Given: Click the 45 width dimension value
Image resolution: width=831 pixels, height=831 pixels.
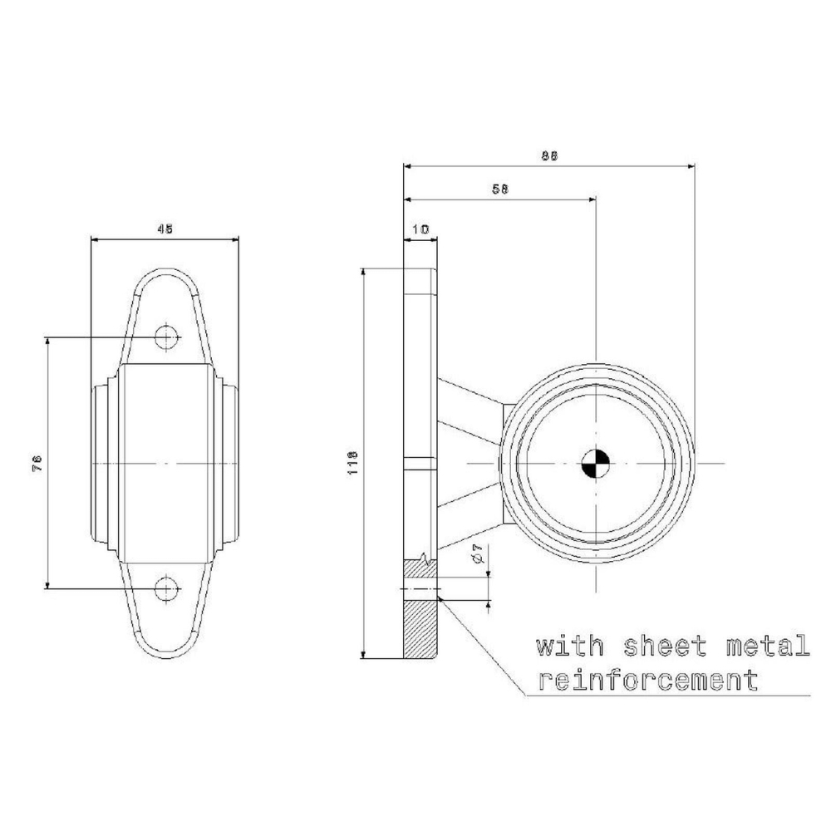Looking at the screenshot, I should tap(165, 230).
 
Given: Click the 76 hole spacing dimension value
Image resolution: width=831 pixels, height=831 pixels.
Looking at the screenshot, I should tap(37, 464).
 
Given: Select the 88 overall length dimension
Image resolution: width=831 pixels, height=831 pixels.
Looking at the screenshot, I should tap(548, 155).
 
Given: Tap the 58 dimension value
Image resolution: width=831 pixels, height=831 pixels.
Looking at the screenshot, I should tap(499, 189).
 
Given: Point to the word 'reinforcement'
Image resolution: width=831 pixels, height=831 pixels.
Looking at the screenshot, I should tap(648, 681).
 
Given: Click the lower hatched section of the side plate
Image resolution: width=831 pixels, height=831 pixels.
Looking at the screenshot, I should tap(420, 627).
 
